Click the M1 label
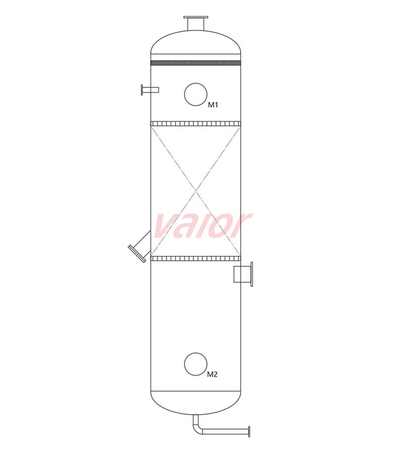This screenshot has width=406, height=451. pyautogui.click(x=213, y=105)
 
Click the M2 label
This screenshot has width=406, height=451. pyautogui.click(x=212, y=374)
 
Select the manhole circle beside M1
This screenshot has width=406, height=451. pyautogui.click(x=196, y=94)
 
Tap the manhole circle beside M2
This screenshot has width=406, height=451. pyautogui.click(x=196, y=364)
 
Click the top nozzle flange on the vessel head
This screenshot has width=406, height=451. pyautogui.click(x=196, y=17)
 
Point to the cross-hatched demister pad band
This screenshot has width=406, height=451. pyautogui.click(x=196, y=63)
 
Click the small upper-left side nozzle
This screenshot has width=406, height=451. pyautogui.click(x=151, y=90)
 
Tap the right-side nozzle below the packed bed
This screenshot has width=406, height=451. pyautogui.click(x=243, y=274)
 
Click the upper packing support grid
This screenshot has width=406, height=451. pyautogui.click(x=196, y=123)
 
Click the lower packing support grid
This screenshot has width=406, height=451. pyautogui.click(x=196, y=259)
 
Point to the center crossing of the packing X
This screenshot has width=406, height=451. pyautogui.click(x=196, y=191)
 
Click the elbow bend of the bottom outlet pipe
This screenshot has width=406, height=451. pyautogui.click(x=197, y=430)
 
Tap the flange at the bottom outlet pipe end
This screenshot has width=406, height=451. pyautogui.click(x=249, y=432)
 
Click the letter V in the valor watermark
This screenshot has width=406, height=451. pyautogui.click(x=165, y=227)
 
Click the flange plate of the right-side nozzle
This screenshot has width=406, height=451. pyautogui.click(x=251, y=274)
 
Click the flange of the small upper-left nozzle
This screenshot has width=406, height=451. pyautogui.click(x=142, y=90)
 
